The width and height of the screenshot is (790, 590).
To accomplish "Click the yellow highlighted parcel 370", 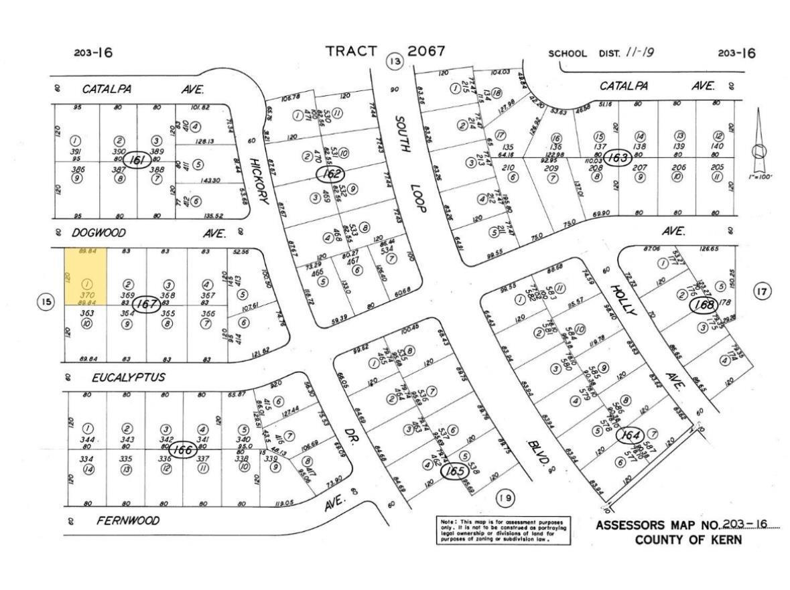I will pyautogui.click(x=86, y=276).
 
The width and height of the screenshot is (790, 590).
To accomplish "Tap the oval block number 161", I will pyautogui.click(x=139, y=161).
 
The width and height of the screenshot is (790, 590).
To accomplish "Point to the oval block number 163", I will pyautogui.click(x=614, y=157).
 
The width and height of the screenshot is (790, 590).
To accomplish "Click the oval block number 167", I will pyautogui.click(x=147, y=304).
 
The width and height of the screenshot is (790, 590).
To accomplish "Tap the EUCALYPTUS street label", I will pyautogui.click(x=128, y=378).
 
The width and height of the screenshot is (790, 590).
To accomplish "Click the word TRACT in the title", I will pyautogui.click(x=352, y=52).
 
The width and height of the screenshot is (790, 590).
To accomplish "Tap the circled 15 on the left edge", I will pyautogui.click(x=46, y=303).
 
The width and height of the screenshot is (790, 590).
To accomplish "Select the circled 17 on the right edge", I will pyautogui.click(x=763, y=291).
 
